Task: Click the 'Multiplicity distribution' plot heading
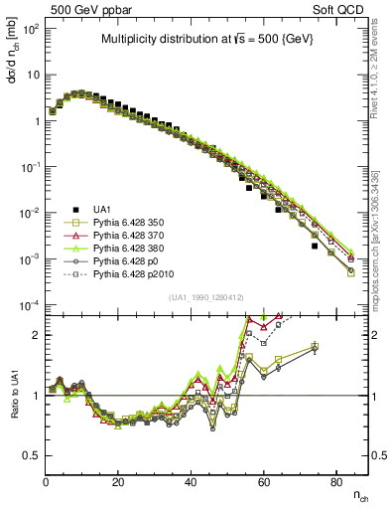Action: pyautogui.click(x=206, y=40)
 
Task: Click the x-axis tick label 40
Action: pyautogui.click(x=192, y=480)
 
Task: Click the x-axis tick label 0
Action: pyautogui.click(x=47, y=480)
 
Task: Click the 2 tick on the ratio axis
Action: pyautogui.click(x=38, y=335)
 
